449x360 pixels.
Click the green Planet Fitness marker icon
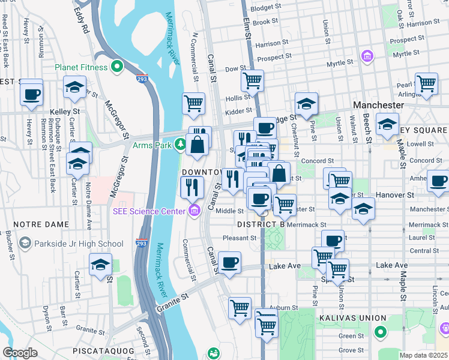click(x=116, y=67)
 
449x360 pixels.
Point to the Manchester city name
click(x=378, y=104)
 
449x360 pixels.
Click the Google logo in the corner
click(x=20, y=353)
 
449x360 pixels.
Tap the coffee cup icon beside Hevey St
click(x=31, y=93)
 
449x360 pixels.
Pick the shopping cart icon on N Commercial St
click(x=193, y=103)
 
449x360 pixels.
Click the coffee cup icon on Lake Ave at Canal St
click(x=229, y=262)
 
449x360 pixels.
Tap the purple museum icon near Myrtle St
click(x=367, y=58)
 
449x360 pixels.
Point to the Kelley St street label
click(x=65, y=112)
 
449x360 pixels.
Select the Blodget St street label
click(x=265, y=8)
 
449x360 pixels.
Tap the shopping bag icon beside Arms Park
click(x=197, y=145)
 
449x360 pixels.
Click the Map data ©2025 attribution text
click(x=424, y=355)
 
